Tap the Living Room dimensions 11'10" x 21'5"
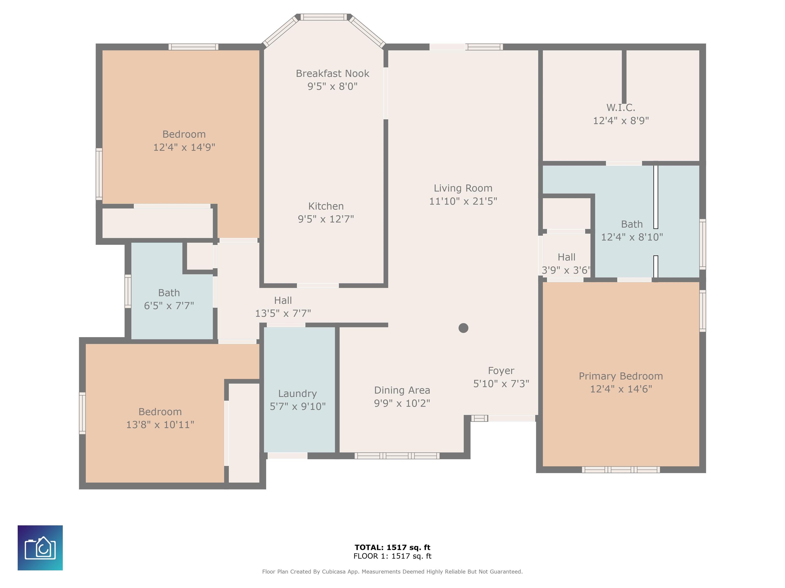pos(463,201)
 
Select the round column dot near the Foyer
pos(463,328)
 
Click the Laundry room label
pos(297,394)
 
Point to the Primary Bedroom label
pos(621,376)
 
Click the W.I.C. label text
pos(621,107)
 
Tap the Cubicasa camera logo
pos(40,548)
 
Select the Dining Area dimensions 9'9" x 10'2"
pos(402,403)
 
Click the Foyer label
pos(501,371)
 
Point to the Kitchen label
pos(326,206)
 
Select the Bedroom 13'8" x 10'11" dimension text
pos(160,425)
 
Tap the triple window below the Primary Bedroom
pos(621,470)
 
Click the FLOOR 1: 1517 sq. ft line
pos(392,556)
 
